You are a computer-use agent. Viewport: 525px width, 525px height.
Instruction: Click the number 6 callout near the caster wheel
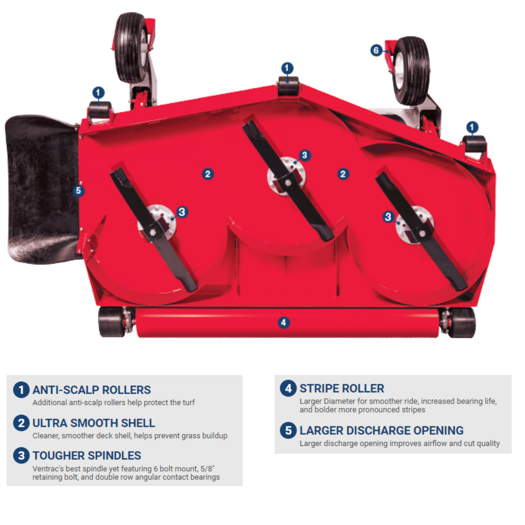[376, 51]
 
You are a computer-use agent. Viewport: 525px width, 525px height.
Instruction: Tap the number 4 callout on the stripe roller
[283, 322]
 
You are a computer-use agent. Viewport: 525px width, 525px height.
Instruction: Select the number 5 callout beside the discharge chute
[78, 191]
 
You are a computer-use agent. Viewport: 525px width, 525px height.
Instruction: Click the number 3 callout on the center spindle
[304, 155]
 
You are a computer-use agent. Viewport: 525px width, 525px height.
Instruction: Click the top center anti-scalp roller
[288, 86]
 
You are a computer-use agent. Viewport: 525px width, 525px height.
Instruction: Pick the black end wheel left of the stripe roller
[112, 322]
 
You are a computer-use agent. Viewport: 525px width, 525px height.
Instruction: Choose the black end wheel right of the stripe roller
[461, 322]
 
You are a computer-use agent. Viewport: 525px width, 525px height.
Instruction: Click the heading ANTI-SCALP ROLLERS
[92, 390]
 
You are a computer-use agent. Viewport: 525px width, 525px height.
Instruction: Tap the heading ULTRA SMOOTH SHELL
[94, 423]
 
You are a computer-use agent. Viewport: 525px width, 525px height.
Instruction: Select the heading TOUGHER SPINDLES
[87, 456]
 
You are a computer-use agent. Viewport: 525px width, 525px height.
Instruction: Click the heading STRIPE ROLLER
[342, 388]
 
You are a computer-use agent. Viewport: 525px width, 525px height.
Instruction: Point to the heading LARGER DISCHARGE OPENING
[381, 431]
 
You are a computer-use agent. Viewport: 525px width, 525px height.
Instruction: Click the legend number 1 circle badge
[21, 390]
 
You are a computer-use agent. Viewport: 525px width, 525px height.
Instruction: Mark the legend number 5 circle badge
[288, 430]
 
